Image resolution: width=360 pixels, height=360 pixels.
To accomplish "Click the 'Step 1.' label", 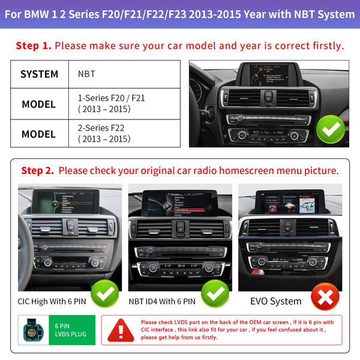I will pyautogui.click(x=34, y=46).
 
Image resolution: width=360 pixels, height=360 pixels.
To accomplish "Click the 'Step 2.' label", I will pyautogui.click(x=37, y=170).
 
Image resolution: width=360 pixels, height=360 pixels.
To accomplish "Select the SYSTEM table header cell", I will pyautogui.click(x=39, y=74).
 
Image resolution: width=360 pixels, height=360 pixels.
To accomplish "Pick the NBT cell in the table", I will pyautogui.click(x=86, y=74).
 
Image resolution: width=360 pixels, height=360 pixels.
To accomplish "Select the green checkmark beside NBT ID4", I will pyautogui.click(x=215, y=293).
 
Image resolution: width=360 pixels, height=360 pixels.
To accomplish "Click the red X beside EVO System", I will pyautogui.click(x=325, y=296).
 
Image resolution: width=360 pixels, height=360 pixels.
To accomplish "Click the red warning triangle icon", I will pyautogui.click(x=121, y=330).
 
